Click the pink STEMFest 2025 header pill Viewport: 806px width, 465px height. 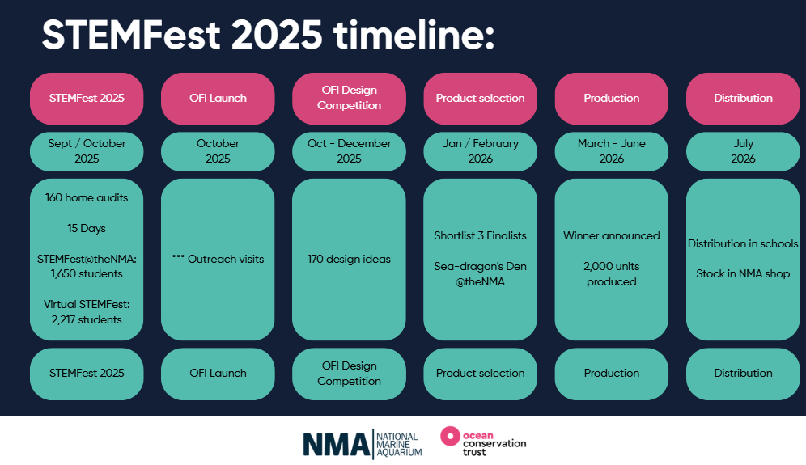coord(87,98)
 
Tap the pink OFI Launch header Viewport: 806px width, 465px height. coord(218,98)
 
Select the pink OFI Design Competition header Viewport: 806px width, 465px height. coord(349,98)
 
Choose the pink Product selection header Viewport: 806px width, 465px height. coord(480,98)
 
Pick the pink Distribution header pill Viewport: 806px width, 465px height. coord(743,98)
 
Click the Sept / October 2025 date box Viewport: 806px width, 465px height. coord(87,151)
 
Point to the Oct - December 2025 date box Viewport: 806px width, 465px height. coord(349,151)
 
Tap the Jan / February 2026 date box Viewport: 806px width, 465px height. coord(480,151)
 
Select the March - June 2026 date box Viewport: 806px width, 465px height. coord(612,151)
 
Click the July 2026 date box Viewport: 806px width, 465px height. coord(743,151)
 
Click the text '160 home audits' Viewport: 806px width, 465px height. coord(87,198)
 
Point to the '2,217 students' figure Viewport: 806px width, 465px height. coord(87,319)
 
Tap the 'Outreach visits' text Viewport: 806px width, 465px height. coord(226,259)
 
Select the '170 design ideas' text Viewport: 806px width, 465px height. coord(349,259)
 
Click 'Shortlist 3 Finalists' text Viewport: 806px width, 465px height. coord(480,236)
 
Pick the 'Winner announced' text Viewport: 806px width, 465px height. coord(612,236)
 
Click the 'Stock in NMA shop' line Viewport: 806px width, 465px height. coord(743,274)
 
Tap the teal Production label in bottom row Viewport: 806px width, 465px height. coord(612,374)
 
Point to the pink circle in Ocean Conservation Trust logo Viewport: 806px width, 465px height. coord(450,436)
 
